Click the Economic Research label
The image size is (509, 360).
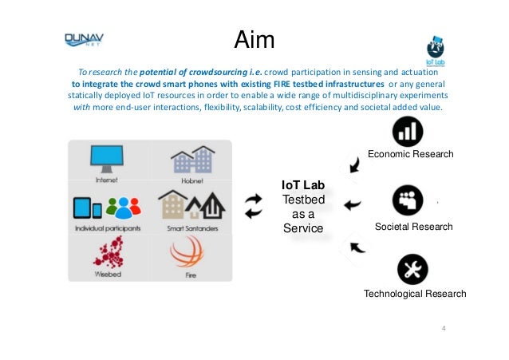click(409, 154)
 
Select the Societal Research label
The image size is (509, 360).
click(413, 227)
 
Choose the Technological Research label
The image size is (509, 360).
click(414, 294)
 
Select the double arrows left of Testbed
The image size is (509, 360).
click(253, 205)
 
